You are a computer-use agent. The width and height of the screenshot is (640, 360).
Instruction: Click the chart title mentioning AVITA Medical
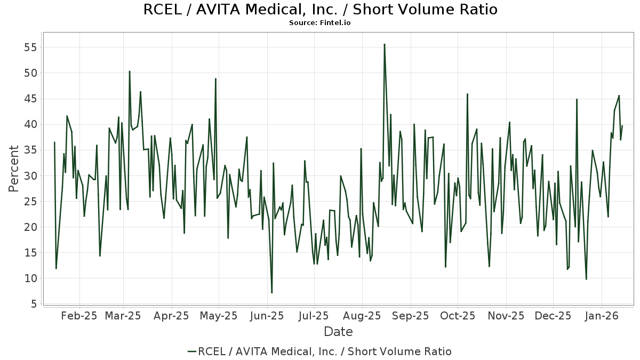tap(320, 10)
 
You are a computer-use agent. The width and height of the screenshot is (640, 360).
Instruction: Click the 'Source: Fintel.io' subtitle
tap(320, 23)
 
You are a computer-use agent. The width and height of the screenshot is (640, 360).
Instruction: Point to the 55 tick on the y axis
tap(29, 47)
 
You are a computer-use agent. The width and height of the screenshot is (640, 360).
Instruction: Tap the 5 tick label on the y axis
tap(33, 304)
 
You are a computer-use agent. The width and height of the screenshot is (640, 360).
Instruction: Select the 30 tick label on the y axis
tap(29, 176)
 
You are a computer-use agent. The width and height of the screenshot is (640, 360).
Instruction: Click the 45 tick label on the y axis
tap(29, 99)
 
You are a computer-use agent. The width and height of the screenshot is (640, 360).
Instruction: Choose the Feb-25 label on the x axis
tap(79, 316)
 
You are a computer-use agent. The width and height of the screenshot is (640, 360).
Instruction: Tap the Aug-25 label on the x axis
tap(362, 316)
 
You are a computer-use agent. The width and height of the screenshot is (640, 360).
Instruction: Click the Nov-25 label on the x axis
tap(506, 316)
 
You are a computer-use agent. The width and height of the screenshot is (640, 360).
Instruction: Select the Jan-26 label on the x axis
tap(602, 316)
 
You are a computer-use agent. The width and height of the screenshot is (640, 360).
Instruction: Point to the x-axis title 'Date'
tap(338, 332)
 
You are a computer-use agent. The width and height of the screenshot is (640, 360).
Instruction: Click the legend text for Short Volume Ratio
tap(325, 351)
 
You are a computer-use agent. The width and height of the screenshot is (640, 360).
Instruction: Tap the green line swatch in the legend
tap(192, 351)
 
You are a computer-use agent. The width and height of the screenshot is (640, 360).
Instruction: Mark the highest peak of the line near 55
tap(384, 44)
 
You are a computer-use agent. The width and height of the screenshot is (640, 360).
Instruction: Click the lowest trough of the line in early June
tap(271, 293)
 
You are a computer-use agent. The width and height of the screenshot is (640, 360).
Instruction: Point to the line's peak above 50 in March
tap(129, 71)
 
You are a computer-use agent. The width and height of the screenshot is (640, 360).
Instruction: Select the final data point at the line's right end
tap(622, 126)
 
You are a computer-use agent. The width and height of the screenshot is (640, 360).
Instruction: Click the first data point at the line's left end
tap(54, 142)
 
